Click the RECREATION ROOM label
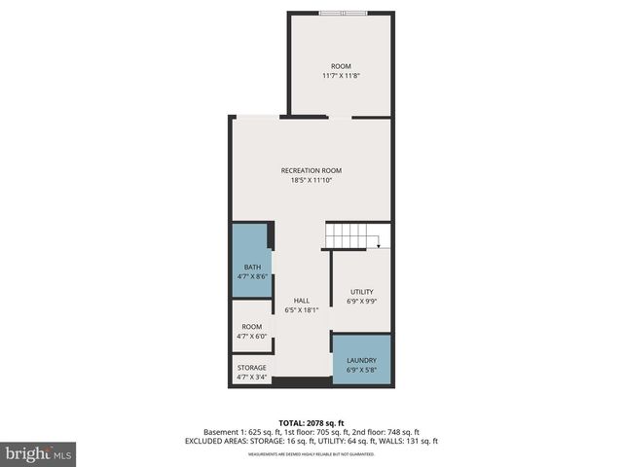(311, 170)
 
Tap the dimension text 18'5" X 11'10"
(311, 180)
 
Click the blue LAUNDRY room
(361, 360)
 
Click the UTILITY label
(361, 292)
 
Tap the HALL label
(302, 301)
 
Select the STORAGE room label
(251, 368)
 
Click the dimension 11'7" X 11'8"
(341, 76)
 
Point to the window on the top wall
(343, 13)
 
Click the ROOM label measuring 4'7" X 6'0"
(251, 327)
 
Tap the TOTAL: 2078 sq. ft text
(311, 422)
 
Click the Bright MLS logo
(39, 452)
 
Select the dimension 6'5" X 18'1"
(302, 310)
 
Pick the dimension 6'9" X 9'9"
(361, 302)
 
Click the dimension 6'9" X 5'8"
(361, 371)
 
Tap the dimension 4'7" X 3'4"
(251, 377)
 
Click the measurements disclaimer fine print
(311, 453)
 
